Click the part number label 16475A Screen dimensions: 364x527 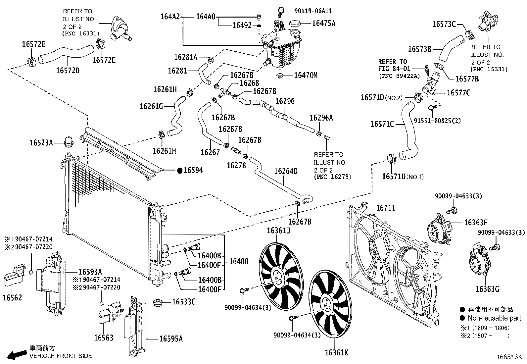(323, 23)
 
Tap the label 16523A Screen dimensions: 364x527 (41, 143)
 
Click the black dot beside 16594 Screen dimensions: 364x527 (180, 171)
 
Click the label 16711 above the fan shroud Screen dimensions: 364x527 (386, 208)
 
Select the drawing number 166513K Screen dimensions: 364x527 (509, 357)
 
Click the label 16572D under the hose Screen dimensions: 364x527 (68, 70)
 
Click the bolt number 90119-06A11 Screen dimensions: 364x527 (313, 11)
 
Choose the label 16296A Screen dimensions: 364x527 (321, 118)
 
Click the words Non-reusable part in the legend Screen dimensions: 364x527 (494, 318)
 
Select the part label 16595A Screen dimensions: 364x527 (171, 338)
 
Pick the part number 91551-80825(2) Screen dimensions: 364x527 (437, 121)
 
